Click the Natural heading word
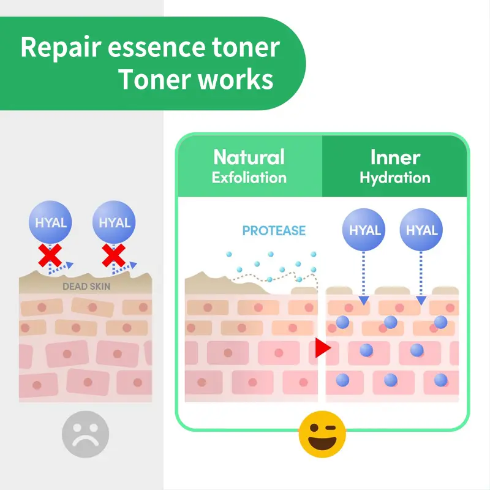[249, 157]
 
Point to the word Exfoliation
[249, 178]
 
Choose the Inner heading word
[395, 157]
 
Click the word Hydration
[395, 178]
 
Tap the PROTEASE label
[274, 231]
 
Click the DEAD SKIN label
[86, 286]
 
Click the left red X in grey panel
[50, 255]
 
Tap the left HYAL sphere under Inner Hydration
[365, 230]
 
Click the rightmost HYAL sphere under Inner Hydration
[421, 230]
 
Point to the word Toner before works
[153, 80]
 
